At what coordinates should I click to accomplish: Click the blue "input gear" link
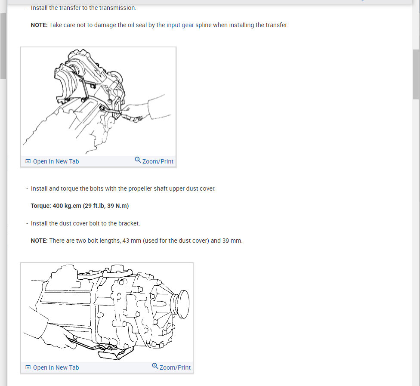pos(180,25)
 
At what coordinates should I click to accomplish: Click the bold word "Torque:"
pos(41,206)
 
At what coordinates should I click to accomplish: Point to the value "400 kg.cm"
pos(67,206)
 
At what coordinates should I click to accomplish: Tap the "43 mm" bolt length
pos(132,241)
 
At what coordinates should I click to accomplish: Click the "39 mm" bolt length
pos(232,241)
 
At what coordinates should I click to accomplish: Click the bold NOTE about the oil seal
pos(39,25)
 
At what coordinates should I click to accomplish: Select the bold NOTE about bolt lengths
pos(39,241)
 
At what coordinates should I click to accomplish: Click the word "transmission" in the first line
pos(118,8)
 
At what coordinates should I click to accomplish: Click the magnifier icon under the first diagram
pos(138,160)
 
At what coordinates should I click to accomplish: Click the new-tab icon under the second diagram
pos(28,367)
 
